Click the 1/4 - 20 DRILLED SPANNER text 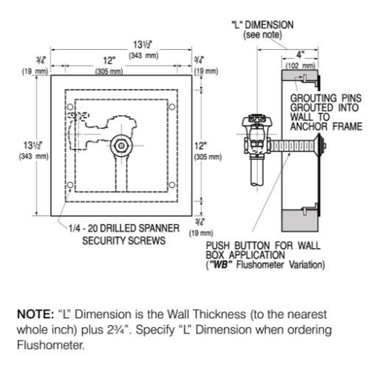pos(118,228)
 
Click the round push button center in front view pos(120,143)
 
